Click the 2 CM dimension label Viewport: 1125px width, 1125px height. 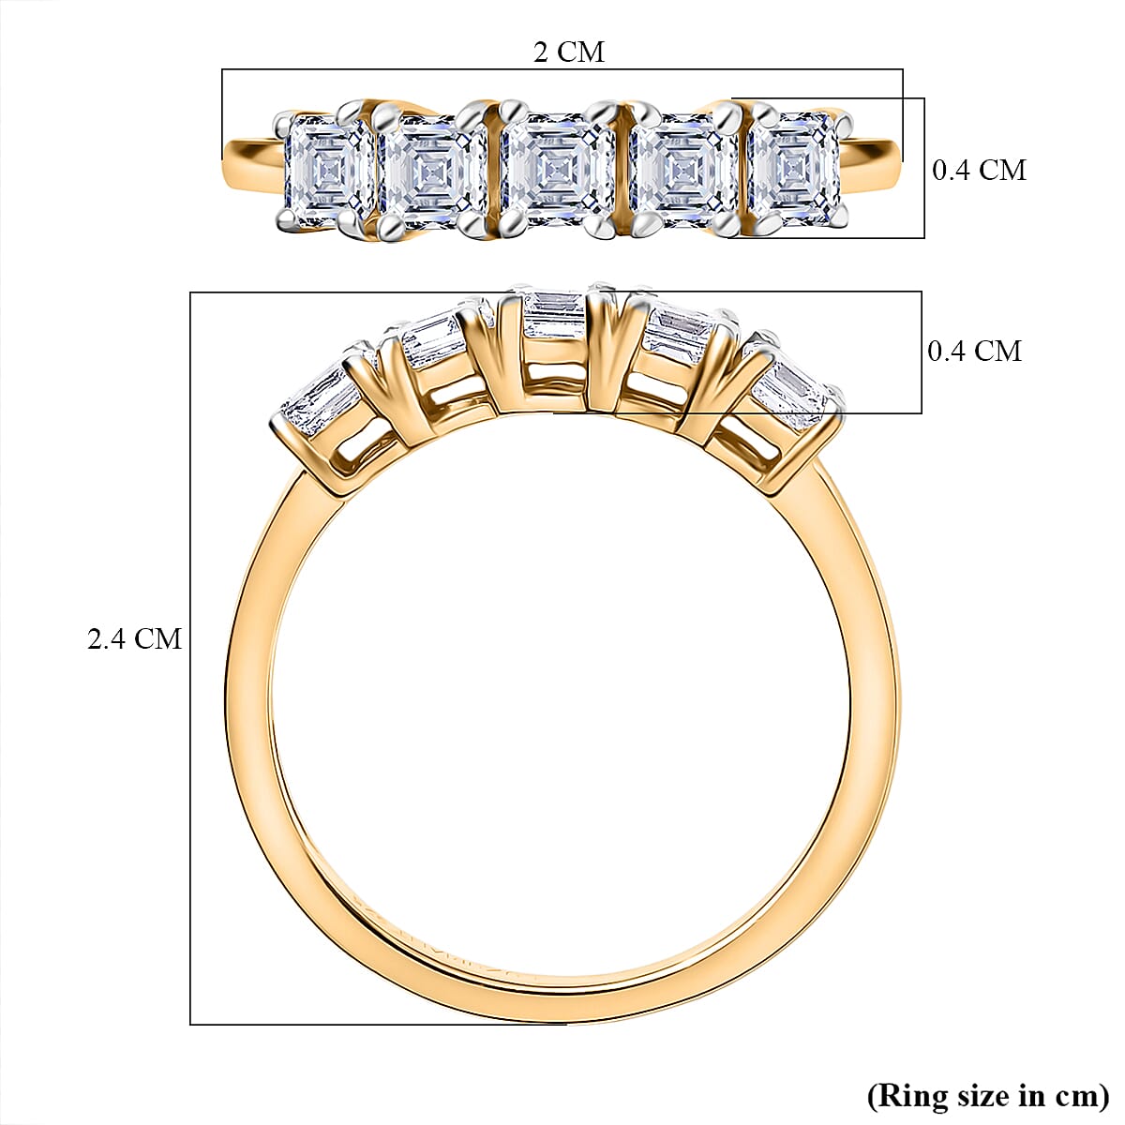(x=568, y=52)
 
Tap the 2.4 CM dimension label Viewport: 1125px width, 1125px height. (x=134, y=639)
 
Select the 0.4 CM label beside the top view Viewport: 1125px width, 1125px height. (x=979, y=170)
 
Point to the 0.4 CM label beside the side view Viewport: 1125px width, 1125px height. (x=974, y=351)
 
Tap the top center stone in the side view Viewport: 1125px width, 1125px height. (x=553, y=315)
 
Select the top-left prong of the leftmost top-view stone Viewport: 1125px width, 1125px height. (x=281, y=121)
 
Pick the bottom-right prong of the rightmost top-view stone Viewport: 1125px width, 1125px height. (x=841, y=218)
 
